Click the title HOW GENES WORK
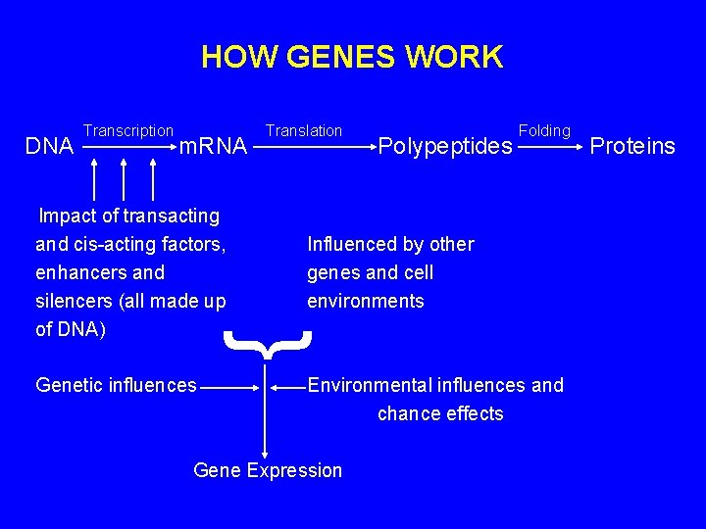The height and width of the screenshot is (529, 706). (x=352, y=57)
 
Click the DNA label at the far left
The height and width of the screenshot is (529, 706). (x=49, y=147)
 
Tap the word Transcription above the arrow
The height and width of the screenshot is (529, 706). (x=128, y=130)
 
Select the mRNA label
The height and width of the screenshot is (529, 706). (x=214, y=147)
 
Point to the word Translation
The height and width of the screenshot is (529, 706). (x=304, y=130)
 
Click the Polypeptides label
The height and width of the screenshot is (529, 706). (x=445, y=148)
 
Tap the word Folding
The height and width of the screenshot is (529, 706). (x=544, y=130)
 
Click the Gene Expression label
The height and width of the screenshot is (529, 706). (x=268, y=470)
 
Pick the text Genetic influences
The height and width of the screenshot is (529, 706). (x=116, y=385)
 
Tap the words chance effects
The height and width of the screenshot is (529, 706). (x=440, y=413)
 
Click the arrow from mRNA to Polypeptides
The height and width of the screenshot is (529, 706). (x=314, y=148)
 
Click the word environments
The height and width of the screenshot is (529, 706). (x=366, y=301)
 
